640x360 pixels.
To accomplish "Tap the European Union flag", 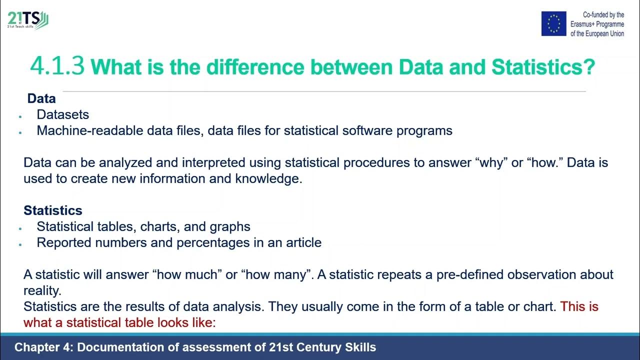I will [x=553, y=23].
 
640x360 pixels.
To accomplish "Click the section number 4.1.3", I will [x=57, y=66].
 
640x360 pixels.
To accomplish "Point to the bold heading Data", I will [x=41, y=98].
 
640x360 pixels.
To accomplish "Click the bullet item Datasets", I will [x=63, y=114].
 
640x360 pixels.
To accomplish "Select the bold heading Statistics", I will [x=53, y=210].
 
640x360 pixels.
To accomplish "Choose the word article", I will [x=301, y=242].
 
